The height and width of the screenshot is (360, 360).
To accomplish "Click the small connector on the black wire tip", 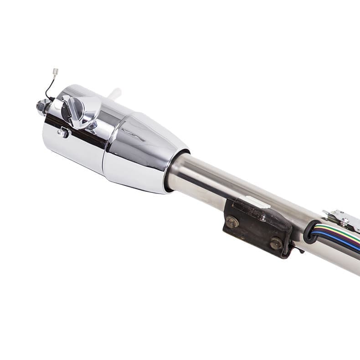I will click(x=56, y=72).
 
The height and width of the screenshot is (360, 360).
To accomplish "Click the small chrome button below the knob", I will click(x=63, y=133).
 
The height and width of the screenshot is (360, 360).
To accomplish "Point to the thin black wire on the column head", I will click(x=48, y=89).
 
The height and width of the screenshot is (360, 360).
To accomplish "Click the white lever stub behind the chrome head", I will click(x=114, y=93).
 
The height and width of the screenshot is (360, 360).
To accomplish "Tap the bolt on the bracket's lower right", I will click(x=276, y=243).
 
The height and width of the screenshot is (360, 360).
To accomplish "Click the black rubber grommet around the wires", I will click(x=310, y=231).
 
